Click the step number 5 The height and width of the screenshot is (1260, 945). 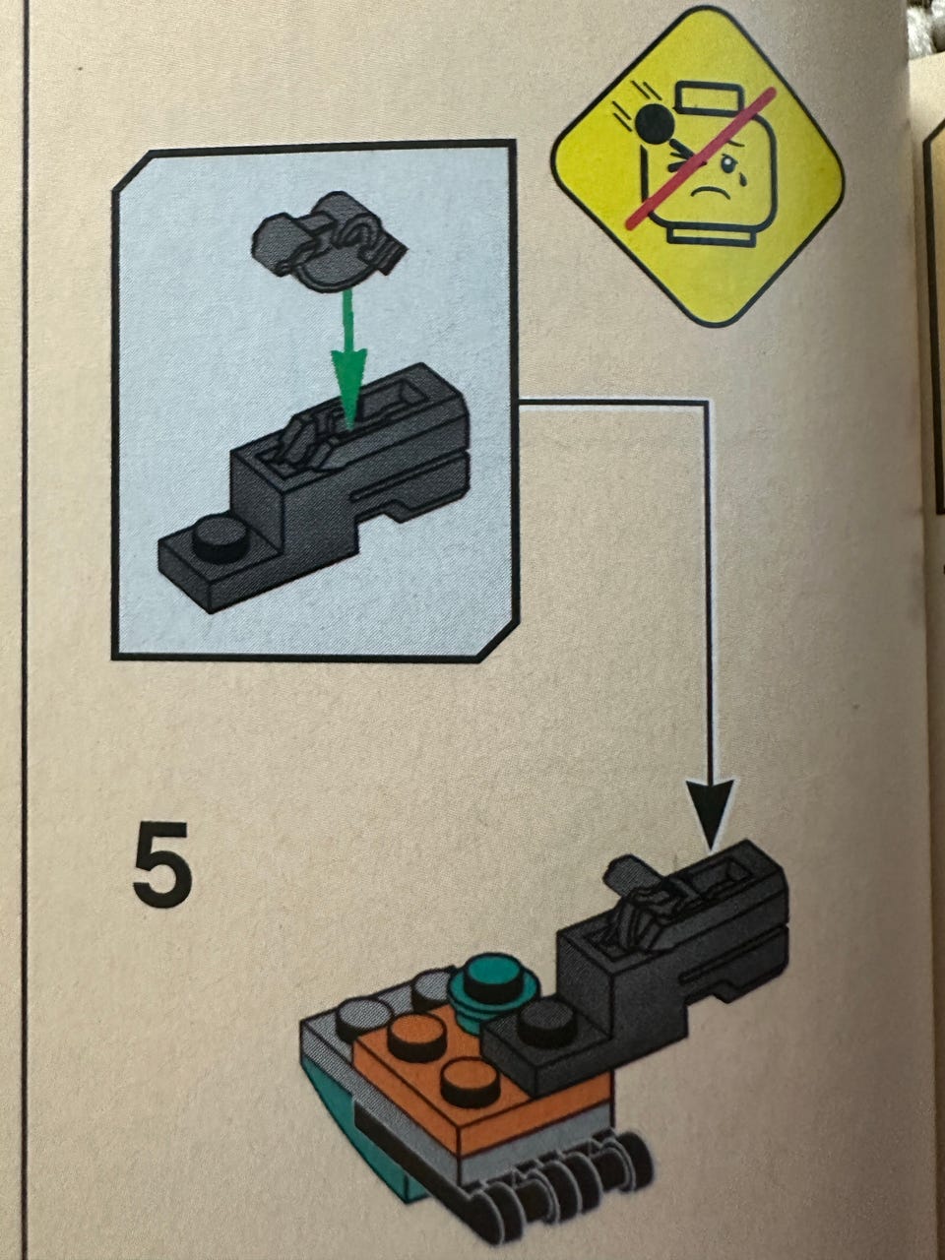point(163,865)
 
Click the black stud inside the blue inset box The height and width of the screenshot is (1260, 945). point(219,536)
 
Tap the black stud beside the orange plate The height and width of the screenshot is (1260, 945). point(546,1021)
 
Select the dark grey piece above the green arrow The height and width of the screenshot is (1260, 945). point(328,243)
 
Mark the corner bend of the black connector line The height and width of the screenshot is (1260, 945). point(707,404)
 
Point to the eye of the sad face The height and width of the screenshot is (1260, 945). point(728,166)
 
